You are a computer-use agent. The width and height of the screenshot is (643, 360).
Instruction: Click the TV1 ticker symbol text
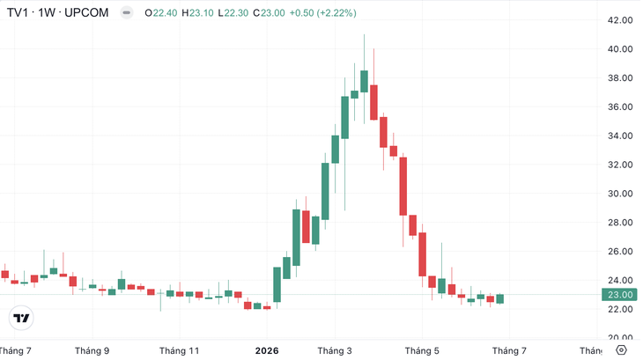tap(18, 12)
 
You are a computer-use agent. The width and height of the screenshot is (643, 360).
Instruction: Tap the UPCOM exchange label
tap(86, 12)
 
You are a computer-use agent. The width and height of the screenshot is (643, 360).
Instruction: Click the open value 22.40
tap(166, 13)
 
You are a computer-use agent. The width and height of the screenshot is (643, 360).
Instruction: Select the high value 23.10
tap(202, 13)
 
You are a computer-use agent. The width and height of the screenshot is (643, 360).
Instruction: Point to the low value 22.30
tap(236, 13)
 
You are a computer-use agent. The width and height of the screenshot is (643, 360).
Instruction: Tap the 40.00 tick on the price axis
tap(620, 49)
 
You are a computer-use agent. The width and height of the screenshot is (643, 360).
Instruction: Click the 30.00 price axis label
tap(620, 194)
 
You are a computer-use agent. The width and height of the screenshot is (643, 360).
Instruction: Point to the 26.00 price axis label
tap(620, 252)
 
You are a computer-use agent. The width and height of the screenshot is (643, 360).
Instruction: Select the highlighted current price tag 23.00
tap(619, 295)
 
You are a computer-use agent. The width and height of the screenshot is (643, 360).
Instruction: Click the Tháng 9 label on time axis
tap(92, 351)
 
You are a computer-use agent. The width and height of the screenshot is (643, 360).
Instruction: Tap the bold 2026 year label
tap(267, 351)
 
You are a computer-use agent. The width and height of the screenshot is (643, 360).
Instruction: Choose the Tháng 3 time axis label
tap(335, 351)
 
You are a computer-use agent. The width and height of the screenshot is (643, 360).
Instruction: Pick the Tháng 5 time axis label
tap(422, 351)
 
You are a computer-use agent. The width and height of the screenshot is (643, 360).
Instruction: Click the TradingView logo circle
tap(21, 318)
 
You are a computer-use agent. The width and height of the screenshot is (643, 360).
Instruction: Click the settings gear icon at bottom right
tap(621, 350)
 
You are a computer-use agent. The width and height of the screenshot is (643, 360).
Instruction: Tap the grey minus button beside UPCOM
tap(127, 12)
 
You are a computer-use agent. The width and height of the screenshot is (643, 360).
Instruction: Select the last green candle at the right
tap(500, 299)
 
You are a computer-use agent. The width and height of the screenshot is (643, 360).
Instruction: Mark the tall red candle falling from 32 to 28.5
tap(403, 187)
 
